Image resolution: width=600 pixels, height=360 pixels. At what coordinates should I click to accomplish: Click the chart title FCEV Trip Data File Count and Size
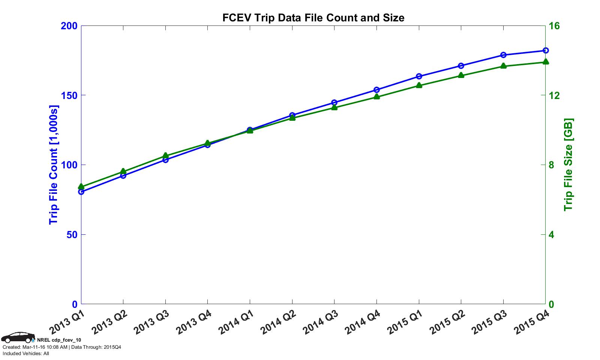click(313, 18)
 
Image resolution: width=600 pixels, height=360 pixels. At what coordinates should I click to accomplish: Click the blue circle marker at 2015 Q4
click(546, 50)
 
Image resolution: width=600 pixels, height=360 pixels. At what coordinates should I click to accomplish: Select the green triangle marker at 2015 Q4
click(546, 62)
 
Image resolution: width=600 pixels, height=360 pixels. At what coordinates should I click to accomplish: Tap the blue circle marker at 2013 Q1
click(81, 192)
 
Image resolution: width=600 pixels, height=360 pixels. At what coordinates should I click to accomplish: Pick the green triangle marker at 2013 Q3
click(165, 156)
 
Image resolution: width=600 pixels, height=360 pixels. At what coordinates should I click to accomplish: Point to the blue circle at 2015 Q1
click(419, 76)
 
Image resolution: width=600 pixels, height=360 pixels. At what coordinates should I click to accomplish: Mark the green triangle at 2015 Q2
click(461, 75)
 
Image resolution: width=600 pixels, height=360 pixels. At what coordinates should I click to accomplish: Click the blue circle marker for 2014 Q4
click(376, 90)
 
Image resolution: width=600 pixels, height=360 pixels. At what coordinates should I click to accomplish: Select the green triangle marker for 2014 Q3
click(334, 107)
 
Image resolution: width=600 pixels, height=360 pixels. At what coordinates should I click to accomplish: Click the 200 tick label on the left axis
click(69, 26)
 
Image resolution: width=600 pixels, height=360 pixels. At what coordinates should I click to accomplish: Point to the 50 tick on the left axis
click(71, 235)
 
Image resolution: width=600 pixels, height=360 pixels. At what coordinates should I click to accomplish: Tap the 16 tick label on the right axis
click(554, 26)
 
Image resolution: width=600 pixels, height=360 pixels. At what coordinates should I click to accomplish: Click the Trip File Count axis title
click(54, 165)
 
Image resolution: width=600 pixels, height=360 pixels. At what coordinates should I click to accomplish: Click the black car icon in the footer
click(18, 337)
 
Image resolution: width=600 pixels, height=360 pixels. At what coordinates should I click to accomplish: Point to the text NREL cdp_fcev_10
click(59, 340)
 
